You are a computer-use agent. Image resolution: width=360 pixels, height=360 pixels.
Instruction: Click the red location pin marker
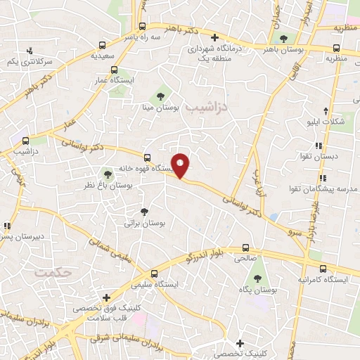(181, 165)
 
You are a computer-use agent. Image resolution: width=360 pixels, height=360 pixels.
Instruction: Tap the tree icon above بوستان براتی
(145, 211)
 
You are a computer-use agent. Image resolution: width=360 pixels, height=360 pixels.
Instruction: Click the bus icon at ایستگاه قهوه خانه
(147, 157)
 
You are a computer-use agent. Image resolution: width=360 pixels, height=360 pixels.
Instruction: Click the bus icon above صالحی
(245, 247)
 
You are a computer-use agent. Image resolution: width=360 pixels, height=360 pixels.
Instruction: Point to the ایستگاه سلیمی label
(155, 285)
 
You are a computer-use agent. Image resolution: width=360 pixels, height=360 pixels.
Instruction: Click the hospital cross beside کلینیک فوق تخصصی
(106, 298)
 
